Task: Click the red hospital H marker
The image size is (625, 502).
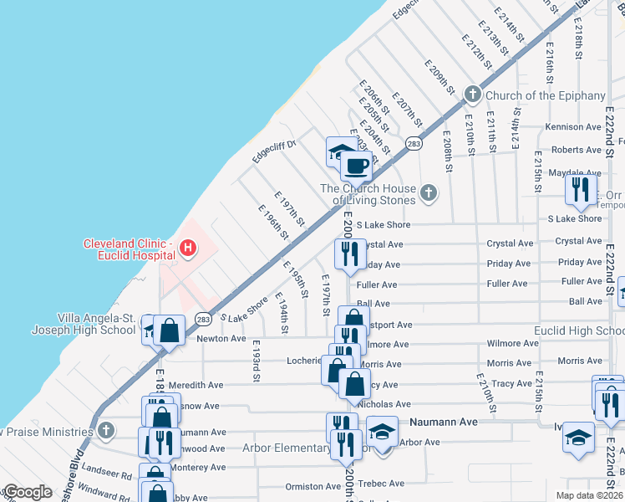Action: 188,248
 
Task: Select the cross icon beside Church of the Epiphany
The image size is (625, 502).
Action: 472,95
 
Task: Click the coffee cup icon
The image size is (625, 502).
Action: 357,166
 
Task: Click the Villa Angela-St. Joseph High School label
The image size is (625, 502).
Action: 95,324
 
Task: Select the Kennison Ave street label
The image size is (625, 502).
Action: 572,127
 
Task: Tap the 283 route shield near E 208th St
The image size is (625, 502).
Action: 414,144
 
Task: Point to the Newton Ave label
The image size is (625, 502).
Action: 221,339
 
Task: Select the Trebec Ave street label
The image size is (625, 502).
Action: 381,484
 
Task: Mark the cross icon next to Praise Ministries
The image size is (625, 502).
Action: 104,430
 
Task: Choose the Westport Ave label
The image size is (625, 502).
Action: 390,325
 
